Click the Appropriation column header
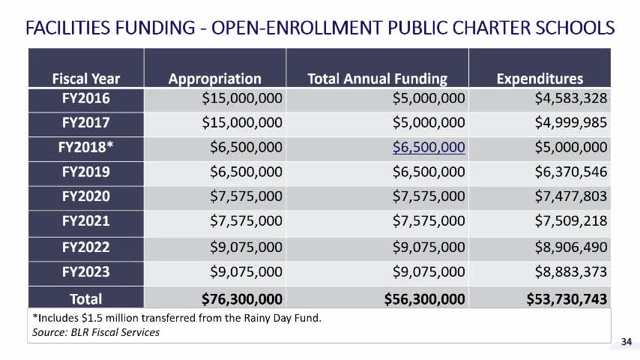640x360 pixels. [x=214, y=79]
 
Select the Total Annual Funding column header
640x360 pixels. [x=377, y=79]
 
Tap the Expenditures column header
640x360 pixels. [x=540, y=79]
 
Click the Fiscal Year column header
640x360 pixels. [x=85, y=79]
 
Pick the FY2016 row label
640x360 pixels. [x=85, y=99]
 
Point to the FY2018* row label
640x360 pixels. [x=85, y=148]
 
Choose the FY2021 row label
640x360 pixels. [x=85, y=220]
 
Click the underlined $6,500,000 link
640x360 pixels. [x=429, y=148]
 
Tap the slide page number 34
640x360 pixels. [x=627, y=343]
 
